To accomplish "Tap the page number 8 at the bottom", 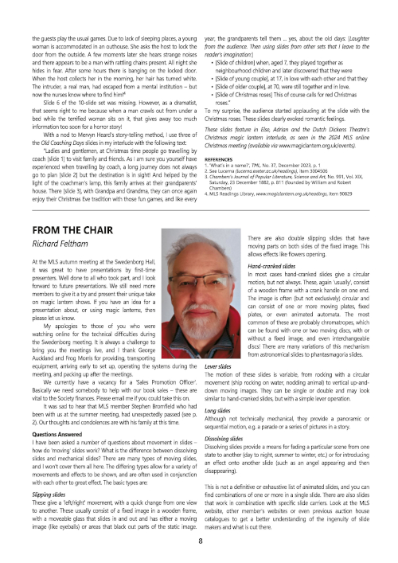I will [199, 540].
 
